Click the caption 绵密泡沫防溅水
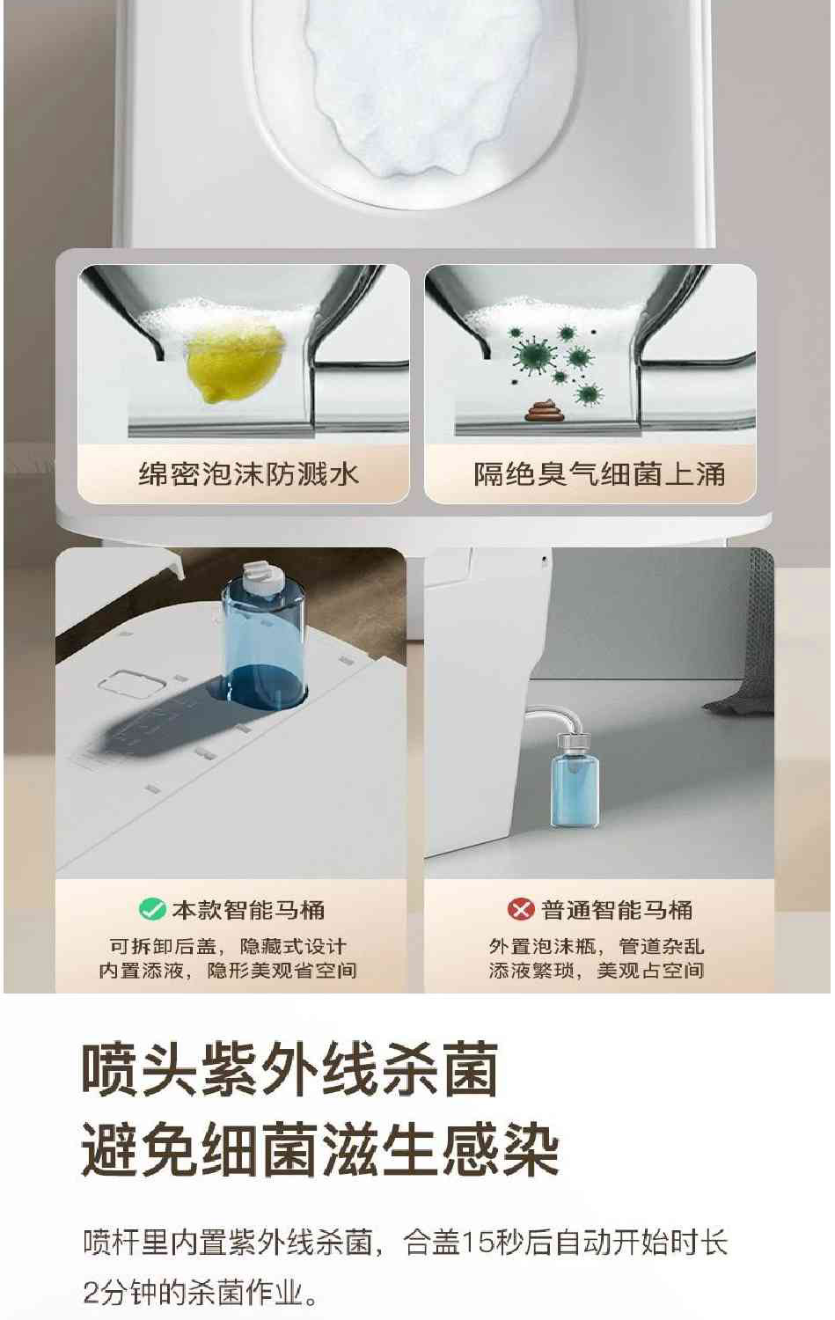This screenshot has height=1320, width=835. pos(249,474)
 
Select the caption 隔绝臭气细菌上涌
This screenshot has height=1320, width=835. pos(599,474)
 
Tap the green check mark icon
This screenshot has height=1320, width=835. pos(152,909)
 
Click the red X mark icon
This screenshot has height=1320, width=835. pos(521,909)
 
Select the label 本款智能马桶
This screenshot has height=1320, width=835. pos(248,909)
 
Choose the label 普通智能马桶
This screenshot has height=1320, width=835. pos(617,909)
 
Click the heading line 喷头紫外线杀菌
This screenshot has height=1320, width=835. pos(290,1070)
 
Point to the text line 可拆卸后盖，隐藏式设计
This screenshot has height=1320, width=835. pos(228,947)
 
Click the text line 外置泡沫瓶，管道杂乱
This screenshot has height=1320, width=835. pos(597,947)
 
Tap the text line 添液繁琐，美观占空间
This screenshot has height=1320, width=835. pos(597,971)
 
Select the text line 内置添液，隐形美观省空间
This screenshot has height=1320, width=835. pos(228,971)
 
